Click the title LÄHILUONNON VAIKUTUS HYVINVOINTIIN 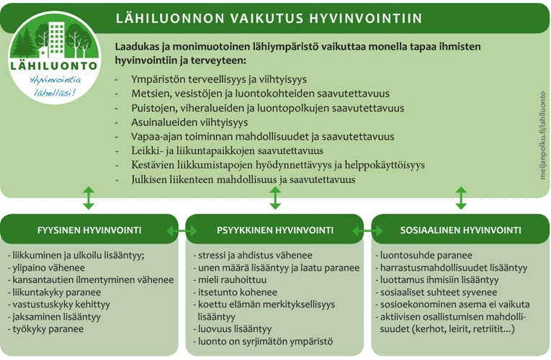pos(269,18)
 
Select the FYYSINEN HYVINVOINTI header pos(89,230)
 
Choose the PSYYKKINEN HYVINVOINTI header pos(274,230)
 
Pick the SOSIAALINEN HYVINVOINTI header pos(460,230)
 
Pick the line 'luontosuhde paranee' pos(425,255)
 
